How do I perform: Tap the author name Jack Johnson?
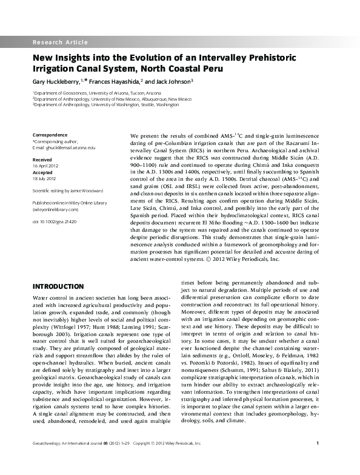point(174,81)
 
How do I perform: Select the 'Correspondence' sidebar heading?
point(50,134)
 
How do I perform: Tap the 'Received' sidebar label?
point(42,158)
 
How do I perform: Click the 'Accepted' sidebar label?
point(42,172)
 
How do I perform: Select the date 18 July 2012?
point(44,179)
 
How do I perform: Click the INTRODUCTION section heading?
point(58,286)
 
